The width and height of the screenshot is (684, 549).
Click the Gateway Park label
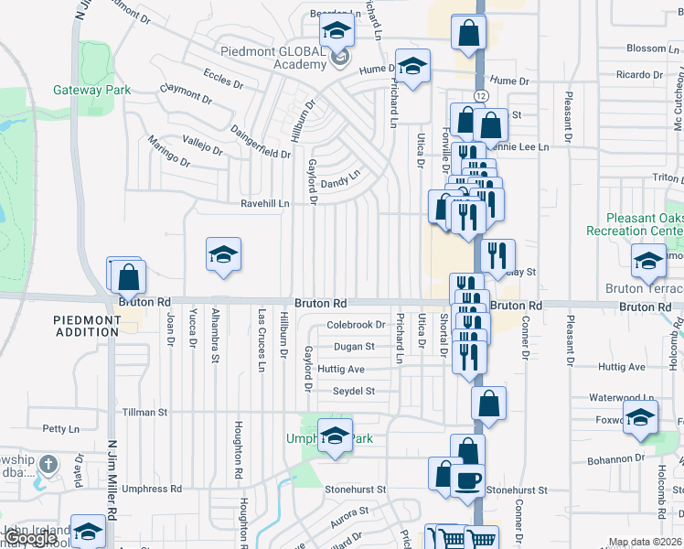(x=91, y=90)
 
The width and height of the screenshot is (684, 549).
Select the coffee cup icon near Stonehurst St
(x=468, y=479)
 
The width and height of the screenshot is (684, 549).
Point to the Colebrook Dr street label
(x=357, y=325)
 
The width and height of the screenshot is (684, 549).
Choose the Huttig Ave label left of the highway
(x=341, y=369)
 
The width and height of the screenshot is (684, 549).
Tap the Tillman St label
(x=144, y=413)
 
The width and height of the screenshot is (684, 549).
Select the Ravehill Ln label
(x=264, y=203)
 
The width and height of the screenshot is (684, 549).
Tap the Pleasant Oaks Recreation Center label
(x=644, y=225)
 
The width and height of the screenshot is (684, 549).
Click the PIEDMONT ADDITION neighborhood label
(x=87, y=326)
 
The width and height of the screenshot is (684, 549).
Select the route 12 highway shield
(x=480, y=95)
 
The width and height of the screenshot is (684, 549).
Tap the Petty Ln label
(x=61, y=428)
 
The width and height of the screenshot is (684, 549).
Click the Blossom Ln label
(x=647, y=48)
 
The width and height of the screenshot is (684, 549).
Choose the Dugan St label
(x=354, y=347)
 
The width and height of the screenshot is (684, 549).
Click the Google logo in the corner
(x=31, y=538)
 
